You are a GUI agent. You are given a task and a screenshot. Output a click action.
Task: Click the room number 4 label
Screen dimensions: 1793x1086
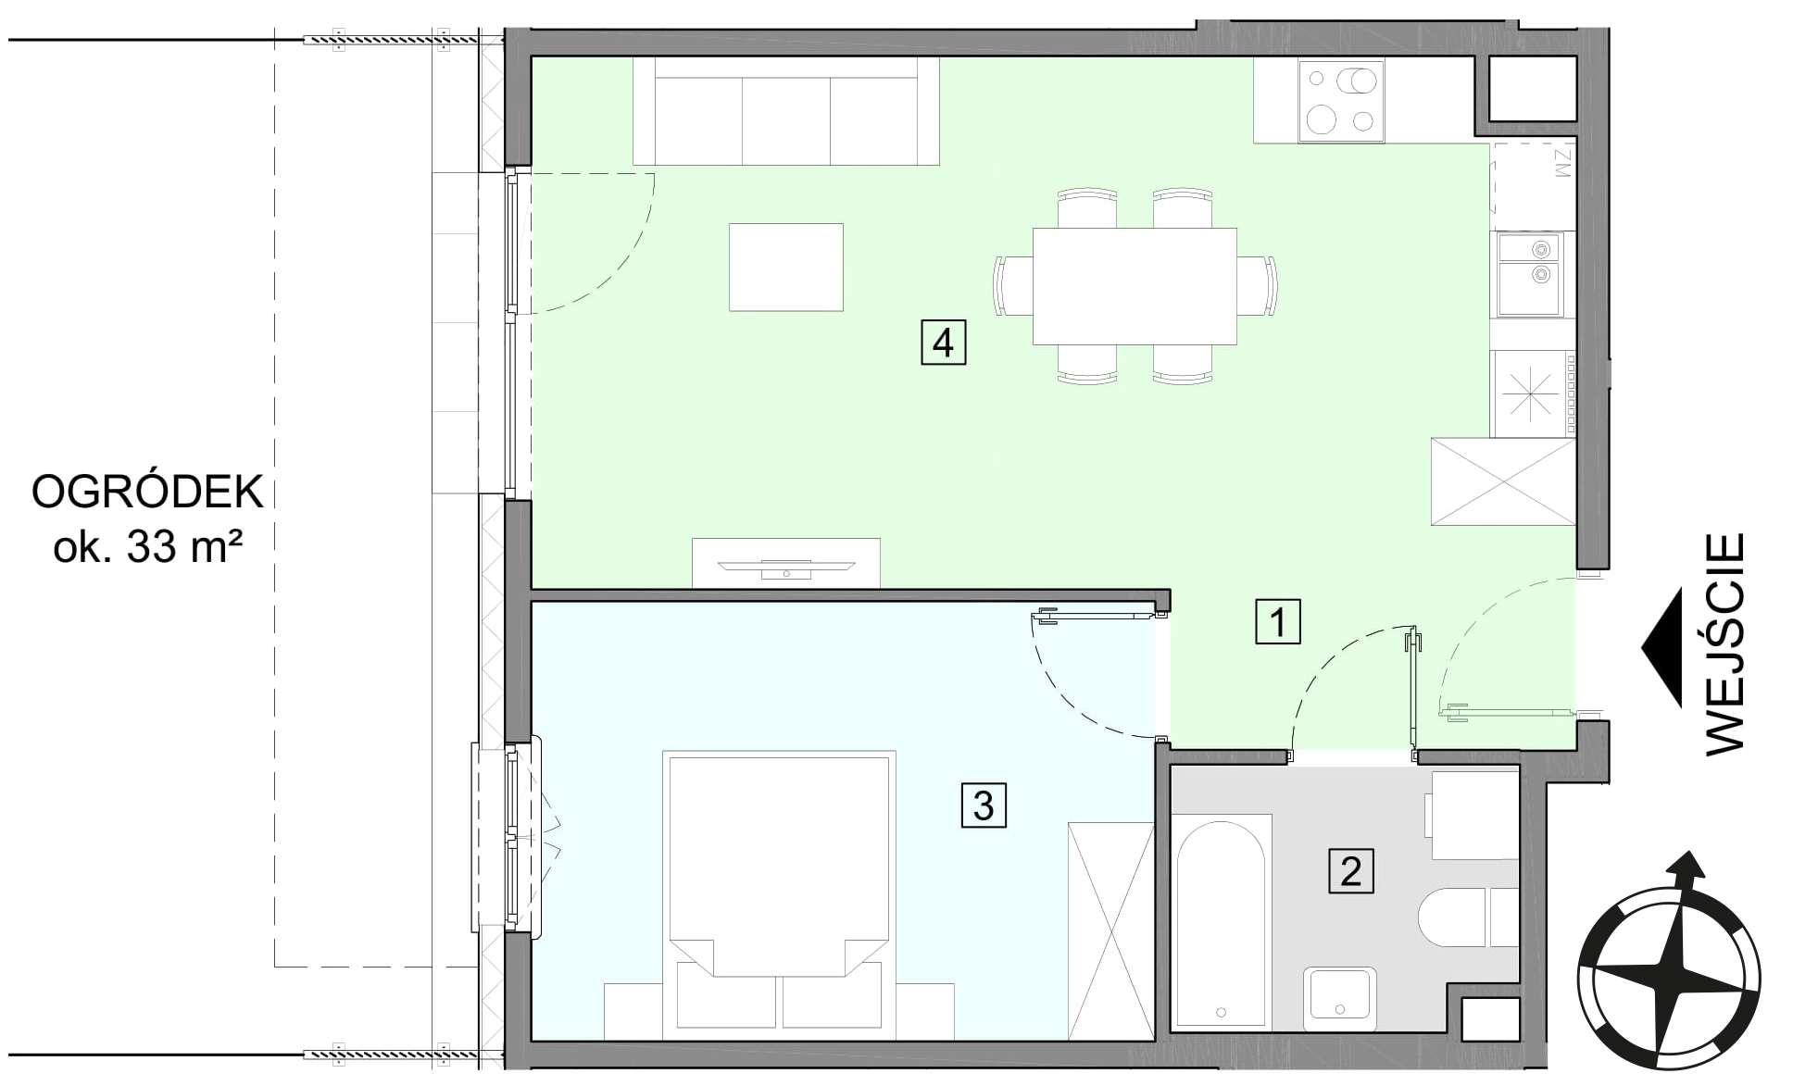943,343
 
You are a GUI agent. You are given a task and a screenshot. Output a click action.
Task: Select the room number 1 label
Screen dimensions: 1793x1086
1278,621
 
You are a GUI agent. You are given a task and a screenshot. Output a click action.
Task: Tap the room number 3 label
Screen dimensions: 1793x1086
984,805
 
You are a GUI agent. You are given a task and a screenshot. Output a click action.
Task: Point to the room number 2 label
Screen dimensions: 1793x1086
1351,871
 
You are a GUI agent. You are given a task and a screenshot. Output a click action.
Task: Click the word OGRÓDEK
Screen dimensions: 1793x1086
148,492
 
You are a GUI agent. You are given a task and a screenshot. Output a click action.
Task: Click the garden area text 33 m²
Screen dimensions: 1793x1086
184,548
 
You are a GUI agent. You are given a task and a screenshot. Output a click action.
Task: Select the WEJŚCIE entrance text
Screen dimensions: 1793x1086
1724,644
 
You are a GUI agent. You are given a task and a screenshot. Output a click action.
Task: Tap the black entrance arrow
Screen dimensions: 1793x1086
1662,648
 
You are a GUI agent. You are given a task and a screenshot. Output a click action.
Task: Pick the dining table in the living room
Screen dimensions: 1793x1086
1135,286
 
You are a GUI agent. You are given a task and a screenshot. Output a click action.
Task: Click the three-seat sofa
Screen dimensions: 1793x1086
785,111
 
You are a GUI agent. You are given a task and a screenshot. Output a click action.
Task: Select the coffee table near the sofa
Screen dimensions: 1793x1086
786,268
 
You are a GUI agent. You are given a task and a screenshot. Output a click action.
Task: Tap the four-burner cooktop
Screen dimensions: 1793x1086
1341,101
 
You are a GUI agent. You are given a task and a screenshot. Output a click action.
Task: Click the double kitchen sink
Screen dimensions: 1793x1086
1529,275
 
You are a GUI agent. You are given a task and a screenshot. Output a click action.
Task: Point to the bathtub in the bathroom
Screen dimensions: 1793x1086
1221,920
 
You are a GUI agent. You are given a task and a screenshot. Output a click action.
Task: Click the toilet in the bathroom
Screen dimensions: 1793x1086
1468,917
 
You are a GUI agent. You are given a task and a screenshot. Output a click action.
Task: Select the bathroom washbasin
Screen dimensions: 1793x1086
1339,999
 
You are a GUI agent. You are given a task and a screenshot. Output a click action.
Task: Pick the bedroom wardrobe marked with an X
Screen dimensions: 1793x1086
1110,930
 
